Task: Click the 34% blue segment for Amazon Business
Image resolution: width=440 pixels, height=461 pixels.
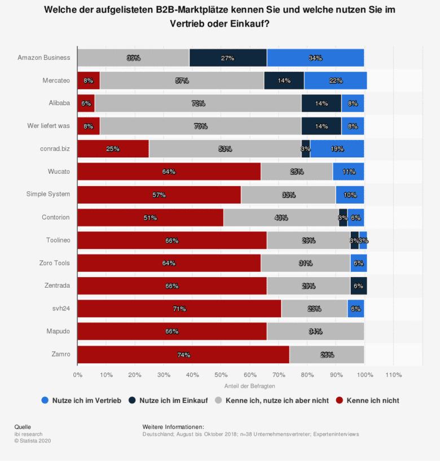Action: click(x=315, y=58)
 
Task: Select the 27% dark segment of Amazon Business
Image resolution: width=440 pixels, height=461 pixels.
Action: click(x=228, y=58)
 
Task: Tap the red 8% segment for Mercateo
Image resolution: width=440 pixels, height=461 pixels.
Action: click(x=89, y=81)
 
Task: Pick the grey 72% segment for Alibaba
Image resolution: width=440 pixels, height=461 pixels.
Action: click(x=198, y=103)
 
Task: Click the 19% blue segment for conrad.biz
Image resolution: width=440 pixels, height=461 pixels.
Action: click(x=337, y=149)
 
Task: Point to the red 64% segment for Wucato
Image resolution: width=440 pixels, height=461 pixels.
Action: click(x=169, y=172)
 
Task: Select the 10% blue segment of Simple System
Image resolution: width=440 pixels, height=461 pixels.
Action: click(x=350, y=194)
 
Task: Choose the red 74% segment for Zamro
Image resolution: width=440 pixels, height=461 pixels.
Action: click(x=183, y=354)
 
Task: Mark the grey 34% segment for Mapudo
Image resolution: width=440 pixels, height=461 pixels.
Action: click(x=315, y=331)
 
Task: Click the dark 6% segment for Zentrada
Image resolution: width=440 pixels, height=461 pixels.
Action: click(x=358, y=286)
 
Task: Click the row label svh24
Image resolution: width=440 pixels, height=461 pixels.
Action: click(x=61, y=309)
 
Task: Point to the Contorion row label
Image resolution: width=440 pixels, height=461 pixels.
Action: click(x=56, y=217)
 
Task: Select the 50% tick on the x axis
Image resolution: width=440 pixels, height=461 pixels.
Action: click(x=221, y=374)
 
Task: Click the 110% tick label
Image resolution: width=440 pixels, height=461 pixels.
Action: click(x=393, y=374)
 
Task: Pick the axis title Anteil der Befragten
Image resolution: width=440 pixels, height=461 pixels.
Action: click(x=249, y=385)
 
